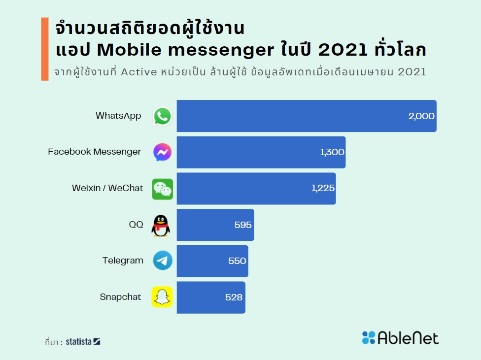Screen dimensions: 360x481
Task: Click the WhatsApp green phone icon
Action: click(162, 116)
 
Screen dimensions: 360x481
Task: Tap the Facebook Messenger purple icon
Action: click(162, 152)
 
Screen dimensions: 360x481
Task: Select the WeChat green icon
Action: click(162, 189)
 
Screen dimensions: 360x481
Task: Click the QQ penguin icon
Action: click(161, 226)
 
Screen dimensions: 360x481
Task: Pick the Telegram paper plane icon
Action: click(162, 261)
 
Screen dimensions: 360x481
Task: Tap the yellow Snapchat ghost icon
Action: click(162, 297)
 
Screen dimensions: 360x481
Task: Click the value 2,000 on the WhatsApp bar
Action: click(421, 116)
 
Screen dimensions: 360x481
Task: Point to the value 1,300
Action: click(332, 152)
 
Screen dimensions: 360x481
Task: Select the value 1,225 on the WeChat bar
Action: click(323, 188)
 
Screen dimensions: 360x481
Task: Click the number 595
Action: click(243, 225)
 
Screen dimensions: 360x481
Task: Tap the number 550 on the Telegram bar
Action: click(237, 261)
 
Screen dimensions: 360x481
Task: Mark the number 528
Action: click(234, 297)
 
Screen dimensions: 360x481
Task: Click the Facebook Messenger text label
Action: click(94, 152)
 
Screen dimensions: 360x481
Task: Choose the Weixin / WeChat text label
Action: click(107, 188)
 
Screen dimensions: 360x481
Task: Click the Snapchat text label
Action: click(120, 297)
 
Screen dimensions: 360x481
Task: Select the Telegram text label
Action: click(123, 261)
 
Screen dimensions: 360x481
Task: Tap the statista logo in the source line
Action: click(83, 341)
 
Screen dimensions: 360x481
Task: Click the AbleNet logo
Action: click(400, 338)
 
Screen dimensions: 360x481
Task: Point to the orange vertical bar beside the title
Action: click(45, 49)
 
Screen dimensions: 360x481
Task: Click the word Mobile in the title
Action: click(122, 50)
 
